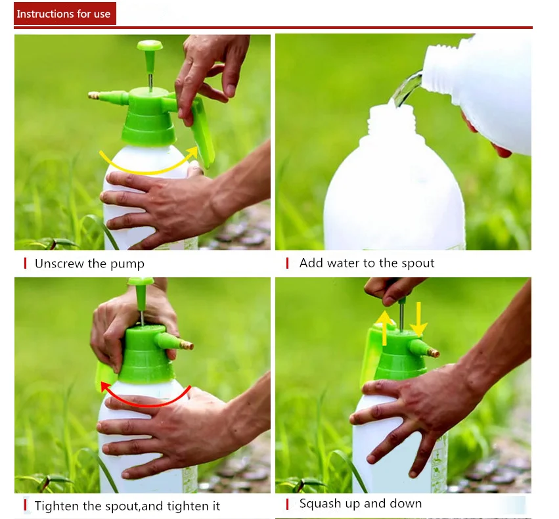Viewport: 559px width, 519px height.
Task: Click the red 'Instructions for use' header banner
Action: [65, 14]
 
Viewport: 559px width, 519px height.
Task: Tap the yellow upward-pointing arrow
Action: [384, 328]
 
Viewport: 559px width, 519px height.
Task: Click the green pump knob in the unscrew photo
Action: [150, 45]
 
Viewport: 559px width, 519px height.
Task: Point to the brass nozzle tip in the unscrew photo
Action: [94, 95]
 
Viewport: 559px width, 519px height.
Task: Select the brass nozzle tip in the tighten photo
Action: [187, 345]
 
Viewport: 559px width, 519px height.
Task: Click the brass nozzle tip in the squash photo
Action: [434, 353]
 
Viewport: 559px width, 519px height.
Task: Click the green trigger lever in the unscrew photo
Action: [202, 132]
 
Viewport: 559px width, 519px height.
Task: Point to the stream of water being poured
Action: [407, 89]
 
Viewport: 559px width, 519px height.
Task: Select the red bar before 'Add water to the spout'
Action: [287, 263]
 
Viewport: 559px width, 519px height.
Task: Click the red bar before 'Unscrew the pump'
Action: [25, 263]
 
